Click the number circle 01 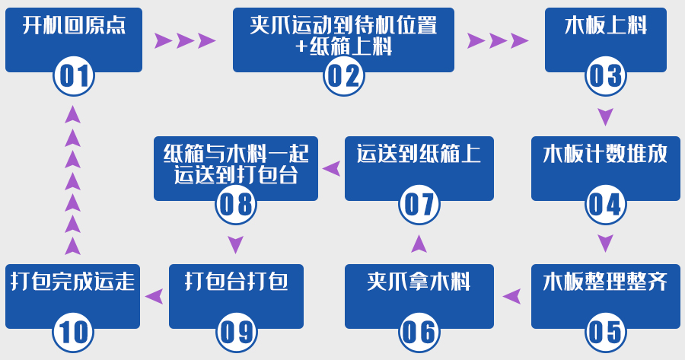74,76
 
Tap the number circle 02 344,76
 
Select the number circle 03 605,76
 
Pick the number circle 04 605,204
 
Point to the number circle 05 605,332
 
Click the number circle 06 419,332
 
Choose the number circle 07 419,204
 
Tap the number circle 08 235,204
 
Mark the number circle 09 235,332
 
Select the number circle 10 73,332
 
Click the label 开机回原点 74,27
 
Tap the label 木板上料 606,27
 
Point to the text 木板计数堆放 605,154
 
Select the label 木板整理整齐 605,282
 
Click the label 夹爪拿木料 419,282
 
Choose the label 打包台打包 236,282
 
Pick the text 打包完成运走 73,282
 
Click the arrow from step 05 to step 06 512,296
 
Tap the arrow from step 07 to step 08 331,168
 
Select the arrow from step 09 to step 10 155,296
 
